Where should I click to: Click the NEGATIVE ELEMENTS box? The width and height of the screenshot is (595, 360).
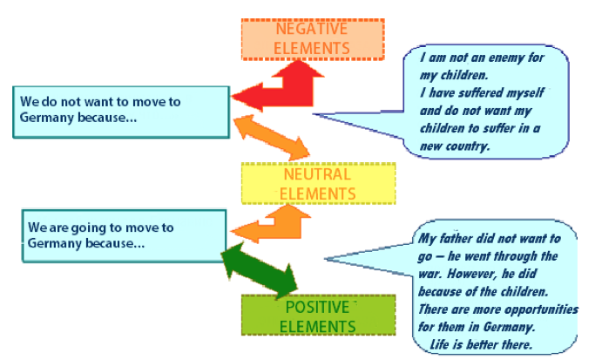click(313, 39)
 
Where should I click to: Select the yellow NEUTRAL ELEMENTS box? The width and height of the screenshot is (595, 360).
click(319, 184)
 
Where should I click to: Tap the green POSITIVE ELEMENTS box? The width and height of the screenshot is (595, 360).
click(319, 316)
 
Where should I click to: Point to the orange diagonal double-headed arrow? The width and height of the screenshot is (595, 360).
click(272, 138)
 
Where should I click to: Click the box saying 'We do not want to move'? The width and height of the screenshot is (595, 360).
click(121, 112)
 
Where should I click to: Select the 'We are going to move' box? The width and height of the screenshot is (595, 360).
click(124, 236)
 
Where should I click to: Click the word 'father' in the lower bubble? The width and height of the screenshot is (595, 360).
click(456, 239)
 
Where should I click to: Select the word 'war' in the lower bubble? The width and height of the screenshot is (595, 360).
click(430, 275)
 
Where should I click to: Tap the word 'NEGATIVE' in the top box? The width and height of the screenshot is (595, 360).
click(312, 29)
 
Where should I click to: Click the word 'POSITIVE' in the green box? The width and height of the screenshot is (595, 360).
click(317, 307)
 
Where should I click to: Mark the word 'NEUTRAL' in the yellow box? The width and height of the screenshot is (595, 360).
click(317, 174)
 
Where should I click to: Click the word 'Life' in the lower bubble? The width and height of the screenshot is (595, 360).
click(439, 344)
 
